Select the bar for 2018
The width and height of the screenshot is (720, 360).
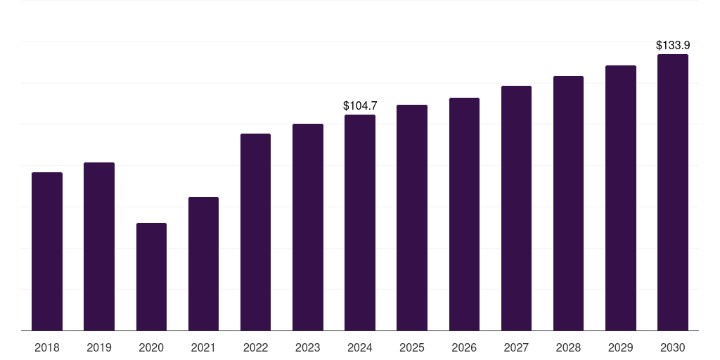pyautogui.click(x=47, y=252)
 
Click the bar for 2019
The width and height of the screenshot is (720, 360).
pyautogui.click(x=99, y=247)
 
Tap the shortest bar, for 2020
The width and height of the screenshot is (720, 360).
pyautogui.click(x=152, y=277)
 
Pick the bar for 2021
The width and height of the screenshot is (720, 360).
pyautogui.click(x=203, y=264)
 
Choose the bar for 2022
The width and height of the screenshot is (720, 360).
pyautogui.click(x=255, y=232)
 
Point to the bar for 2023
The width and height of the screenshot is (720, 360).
pyautogui.click(x=308, y=227)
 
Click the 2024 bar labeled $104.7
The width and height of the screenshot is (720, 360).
pyautogui.click(x=360, y=223)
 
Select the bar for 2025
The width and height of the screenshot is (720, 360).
pyautogui.click(x=412, y=218)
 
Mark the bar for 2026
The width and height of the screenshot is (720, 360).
pyautogui.click(x=464, y=214)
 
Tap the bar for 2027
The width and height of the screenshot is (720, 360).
pyautogui.click(x=516, y=208)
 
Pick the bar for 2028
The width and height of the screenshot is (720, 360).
pyautogui.click(x=568, y=203)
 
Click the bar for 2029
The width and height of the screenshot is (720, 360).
pyautogui.click(x=621, y=198)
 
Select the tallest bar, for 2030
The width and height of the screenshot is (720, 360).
pyautogui.click(x=673, y=193)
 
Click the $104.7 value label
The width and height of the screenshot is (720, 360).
pyautogui.click(x=360, y=106)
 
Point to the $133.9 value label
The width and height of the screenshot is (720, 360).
pyautogui.click(x=673, y=46)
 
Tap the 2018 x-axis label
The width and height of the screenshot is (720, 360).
pyautogui.click(x=47, y=347)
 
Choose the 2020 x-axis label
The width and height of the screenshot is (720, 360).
pyautogui.click(x=151, y=347)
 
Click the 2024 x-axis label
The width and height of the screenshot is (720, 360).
pyautogui.click(x=360, y=347)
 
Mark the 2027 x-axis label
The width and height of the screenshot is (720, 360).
pyautogui.click(x=516, y=347)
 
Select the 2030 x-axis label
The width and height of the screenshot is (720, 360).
pyautogui.click(x=673, y=347)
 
